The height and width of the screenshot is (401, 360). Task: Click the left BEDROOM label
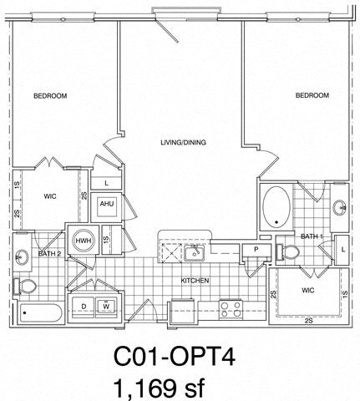click(x=50, y=96)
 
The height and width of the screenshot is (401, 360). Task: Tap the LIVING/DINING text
click(x=183, y=143)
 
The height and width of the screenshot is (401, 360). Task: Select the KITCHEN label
click(x=195, y=281)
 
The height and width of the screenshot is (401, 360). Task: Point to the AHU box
click(x=107, y=204)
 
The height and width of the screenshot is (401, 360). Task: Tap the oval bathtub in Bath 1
click(x=276, y=207)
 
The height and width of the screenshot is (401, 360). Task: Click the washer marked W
click(x=107, y=307)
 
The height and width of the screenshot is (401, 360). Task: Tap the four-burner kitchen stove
click(x=231, y=308)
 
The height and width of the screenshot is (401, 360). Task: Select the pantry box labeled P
click(x=255, y=250)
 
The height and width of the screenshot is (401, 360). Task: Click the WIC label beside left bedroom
click(x=49, y=197)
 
